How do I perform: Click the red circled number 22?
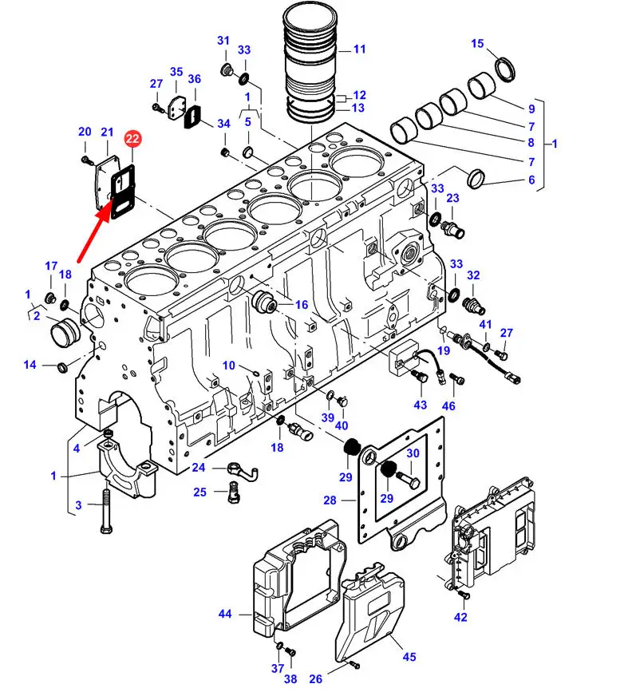[x=132, y=139]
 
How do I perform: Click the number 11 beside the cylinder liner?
[x=360, y=49]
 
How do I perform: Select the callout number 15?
[x=477, y=43]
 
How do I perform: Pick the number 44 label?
[x=225, y=614]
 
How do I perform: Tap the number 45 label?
[x=409, y=657]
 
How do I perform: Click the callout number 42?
[x=460, y=617]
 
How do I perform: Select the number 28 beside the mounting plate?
[x=330, y=500]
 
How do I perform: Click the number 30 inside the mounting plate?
[x=413, y=453]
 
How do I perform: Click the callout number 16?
[x=302, y=305]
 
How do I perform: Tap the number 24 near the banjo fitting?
[x=199, y=467]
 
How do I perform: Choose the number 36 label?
[x=194, y=78]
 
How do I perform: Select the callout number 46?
[x=448, y=405]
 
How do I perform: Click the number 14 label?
[x=30, y=365]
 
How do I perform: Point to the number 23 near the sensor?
[x=452, y=198]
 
